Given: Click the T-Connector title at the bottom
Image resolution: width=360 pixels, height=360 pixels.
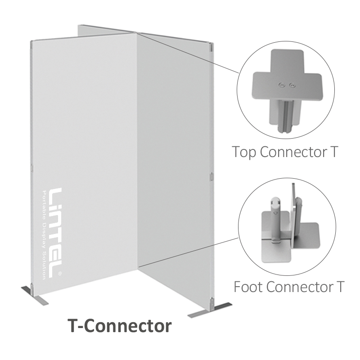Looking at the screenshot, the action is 120,325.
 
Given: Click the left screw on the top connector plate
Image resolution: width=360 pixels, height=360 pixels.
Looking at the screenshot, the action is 281,85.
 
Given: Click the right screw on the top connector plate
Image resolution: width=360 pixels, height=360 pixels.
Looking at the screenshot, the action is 292,85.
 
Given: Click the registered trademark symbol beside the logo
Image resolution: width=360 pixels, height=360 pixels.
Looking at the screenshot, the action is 60,273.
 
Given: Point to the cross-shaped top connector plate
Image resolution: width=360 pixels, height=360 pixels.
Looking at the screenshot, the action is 287,76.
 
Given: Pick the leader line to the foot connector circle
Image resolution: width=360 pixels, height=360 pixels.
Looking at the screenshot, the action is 188,252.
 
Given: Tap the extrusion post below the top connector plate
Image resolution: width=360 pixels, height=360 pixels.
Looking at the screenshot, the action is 285,116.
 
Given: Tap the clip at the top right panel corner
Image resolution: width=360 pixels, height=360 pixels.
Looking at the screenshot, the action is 211,47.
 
